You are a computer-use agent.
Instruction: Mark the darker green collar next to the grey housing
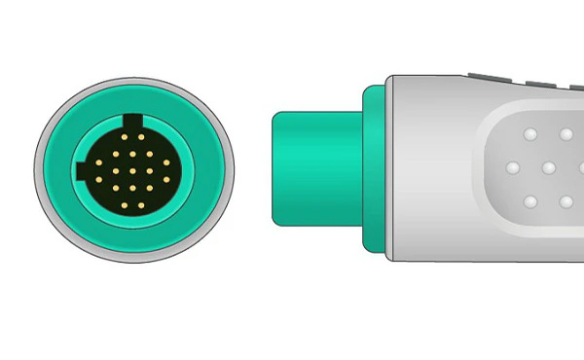373,167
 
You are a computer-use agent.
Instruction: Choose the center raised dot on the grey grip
548,167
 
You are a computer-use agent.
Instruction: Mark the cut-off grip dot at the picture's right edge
581,167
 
